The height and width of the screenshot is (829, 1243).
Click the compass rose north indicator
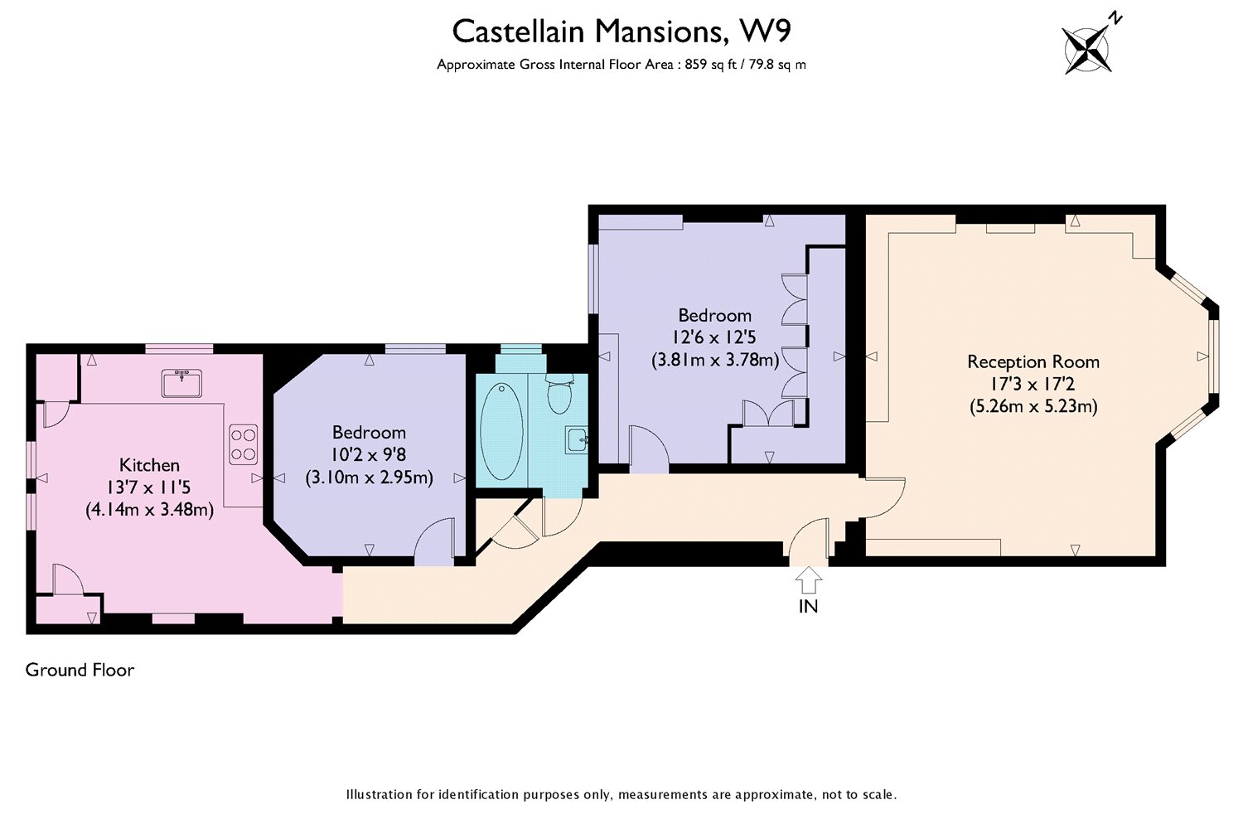1088,48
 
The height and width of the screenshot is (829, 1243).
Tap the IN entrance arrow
808,578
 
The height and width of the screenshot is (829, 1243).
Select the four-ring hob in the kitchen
243,443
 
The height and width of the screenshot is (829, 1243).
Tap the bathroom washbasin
577,439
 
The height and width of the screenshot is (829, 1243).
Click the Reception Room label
1033,361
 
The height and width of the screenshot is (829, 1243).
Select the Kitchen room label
149,465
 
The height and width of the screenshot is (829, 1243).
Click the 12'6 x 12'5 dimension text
714,337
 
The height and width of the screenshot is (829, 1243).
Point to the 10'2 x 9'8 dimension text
369,454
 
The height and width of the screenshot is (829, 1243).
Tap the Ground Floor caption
80,670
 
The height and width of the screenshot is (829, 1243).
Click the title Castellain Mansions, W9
621,32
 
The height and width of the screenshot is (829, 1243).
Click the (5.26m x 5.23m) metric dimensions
1033,407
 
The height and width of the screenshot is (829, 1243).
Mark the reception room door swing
885,497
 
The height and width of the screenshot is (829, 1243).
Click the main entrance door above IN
808,541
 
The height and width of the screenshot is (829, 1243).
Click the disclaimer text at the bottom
621,794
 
